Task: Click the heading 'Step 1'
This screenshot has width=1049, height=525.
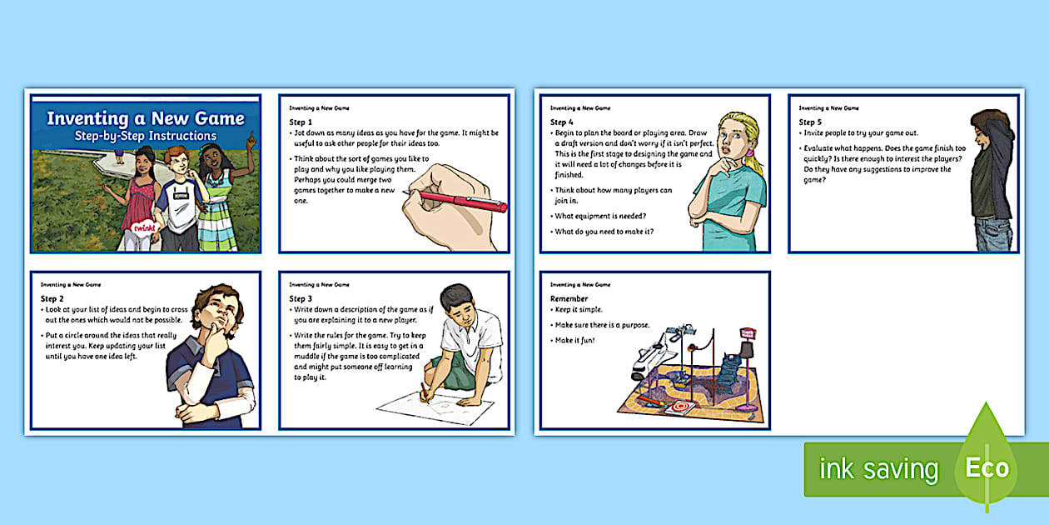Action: [x=301, y=122]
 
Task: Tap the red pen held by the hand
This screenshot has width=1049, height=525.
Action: [x=455, y=200]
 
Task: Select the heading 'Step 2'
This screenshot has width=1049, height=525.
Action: [x=52, y=298]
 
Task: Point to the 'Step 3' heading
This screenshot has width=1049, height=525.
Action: [x=301, y=298]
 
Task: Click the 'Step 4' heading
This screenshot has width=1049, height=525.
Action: [x=561, y=122]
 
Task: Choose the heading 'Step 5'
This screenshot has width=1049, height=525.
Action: [x=810, y=122]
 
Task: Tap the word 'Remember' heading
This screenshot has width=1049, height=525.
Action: [x=569, y=298]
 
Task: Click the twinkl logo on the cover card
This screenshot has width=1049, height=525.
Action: [x=144, y=228]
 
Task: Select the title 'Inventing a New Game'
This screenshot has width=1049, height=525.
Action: [x=146, y=118]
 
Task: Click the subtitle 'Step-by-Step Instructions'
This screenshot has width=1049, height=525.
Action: [x=146, y=136]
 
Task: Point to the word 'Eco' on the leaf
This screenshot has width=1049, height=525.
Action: [x=987, y=467]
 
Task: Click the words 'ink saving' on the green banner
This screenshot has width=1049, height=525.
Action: [x=878, y=468]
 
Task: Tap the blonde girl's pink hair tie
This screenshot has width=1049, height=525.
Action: [x=750, y=153]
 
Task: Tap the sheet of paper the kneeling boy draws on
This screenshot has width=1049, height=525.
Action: [x=435, y=407]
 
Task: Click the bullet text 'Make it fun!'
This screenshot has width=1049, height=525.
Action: [x=574, y=340]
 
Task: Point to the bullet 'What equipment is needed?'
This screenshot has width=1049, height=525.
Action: [x=600, y=216]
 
